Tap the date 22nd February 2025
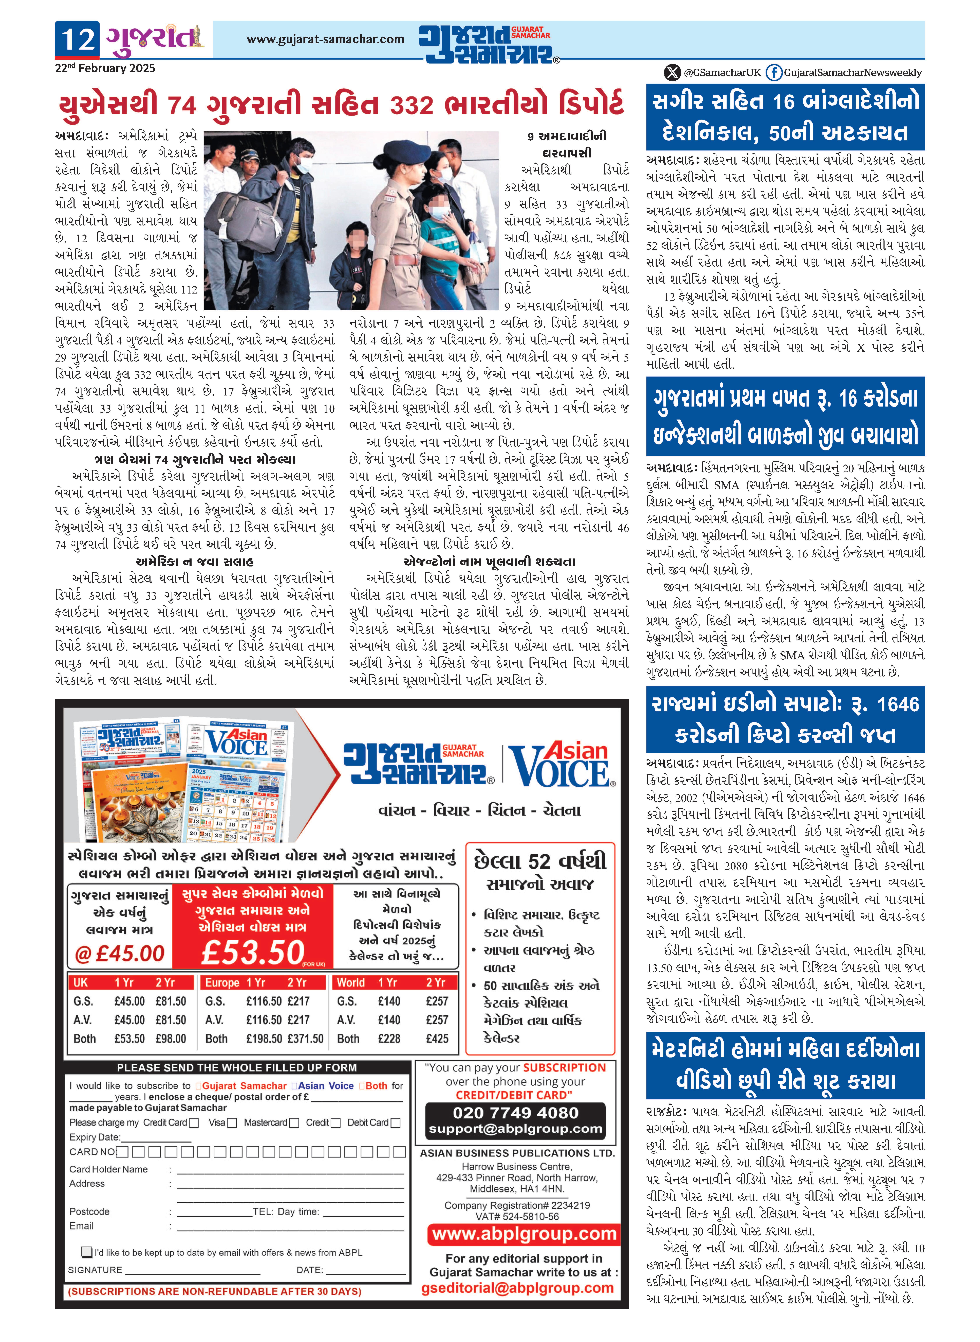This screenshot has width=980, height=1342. click(x=105, y=68)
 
